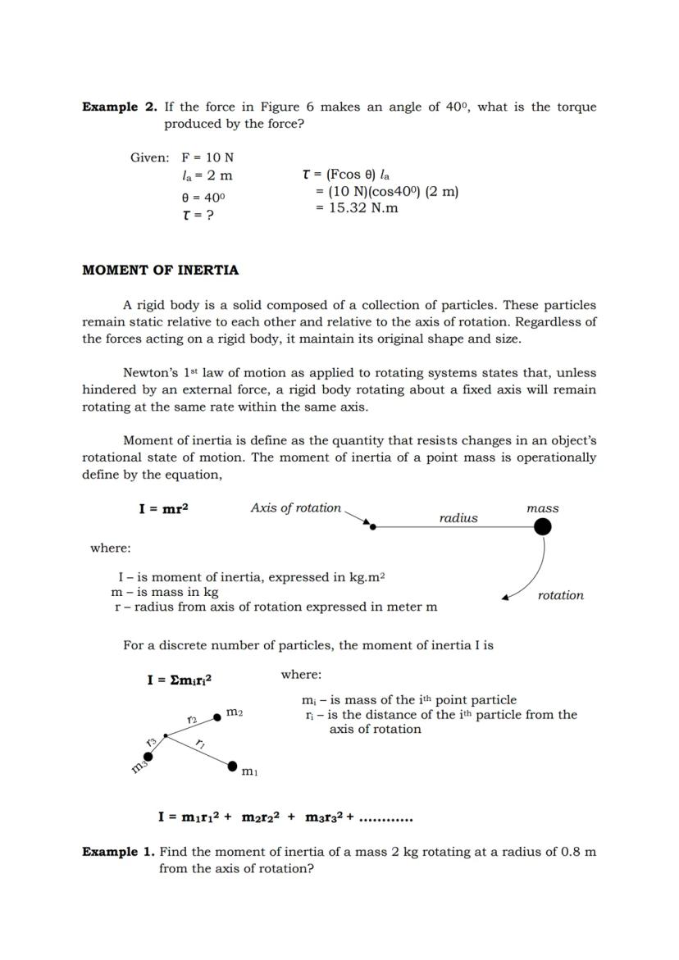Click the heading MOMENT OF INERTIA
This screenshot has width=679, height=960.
pyautogui.click(x=160, y=270)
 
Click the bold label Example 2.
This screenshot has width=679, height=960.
pyautogui.click(x=120, y=107)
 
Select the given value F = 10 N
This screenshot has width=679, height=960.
pyautogui.click(x=207, y=157)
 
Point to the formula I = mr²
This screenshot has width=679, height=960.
pyautogui.click(x=163, y=509)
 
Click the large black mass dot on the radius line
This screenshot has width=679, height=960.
pyautogui.click(x=542, y=527)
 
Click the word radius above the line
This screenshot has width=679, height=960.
pyautogui.click(x=458, y=518)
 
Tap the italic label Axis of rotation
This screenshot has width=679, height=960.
pyautogui.click(x=295, y=508)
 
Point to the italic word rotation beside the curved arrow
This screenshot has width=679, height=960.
pyautogui.click(x=561, y=595)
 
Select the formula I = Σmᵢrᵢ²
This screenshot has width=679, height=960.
pyautogui.click(x=180, y=680)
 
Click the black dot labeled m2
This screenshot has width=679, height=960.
pyautogui.click(x=216, y=717)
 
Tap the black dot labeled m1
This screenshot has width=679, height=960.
pyautogui.click(x=233, y=766)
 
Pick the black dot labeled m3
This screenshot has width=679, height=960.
pyautogui.click(x=148, y=757)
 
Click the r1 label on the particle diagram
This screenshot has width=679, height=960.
pyautogui.click(x=200, y=744)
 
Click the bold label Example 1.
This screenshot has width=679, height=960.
pyautogui.click(x=118, y=852)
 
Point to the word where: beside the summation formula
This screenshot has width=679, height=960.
pyautogui.click(x=301, y=675)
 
